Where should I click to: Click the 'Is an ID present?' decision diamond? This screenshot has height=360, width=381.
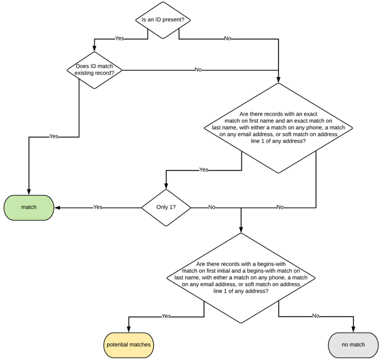point(163,20)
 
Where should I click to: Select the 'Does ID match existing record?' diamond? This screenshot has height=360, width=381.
point(95,70)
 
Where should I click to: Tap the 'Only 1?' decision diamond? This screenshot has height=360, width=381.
point(166,207)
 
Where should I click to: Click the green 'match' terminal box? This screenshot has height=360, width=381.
point(29,207)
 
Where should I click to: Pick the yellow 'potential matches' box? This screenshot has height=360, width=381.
point(128,345)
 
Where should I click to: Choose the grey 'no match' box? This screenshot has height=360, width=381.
point(353,345)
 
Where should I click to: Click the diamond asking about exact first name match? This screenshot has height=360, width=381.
point(278,128)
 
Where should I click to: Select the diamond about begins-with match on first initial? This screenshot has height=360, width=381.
point(241,278)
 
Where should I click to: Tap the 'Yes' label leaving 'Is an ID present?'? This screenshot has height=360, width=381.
point(120,39)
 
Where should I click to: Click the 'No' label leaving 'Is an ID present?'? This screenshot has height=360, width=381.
point(228,39)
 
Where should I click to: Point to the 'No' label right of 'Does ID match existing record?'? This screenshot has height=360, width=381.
point(198,70)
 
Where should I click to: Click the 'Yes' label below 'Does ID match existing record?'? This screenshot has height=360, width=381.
point(54,136)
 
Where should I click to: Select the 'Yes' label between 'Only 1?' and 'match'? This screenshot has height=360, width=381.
point(98,207)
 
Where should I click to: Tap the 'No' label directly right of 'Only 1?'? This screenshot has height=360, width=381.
point(212,207)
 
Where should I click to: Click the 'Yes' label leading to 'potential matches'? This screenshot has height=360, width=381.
point(166,316)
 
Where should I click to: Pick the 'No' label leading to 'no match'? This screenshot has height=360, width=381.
point(316,316)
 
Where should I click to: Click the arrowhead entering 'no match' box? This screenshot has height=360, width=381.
point(353,330)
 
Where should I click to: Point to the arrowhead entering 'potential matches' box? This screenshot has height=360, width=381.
point(128,330)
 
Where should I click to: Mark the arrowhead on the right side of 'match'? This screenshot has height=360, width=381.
point(57,207)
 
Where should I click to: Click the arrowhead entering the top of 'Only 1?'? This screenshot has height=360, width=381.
point(166,186)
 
